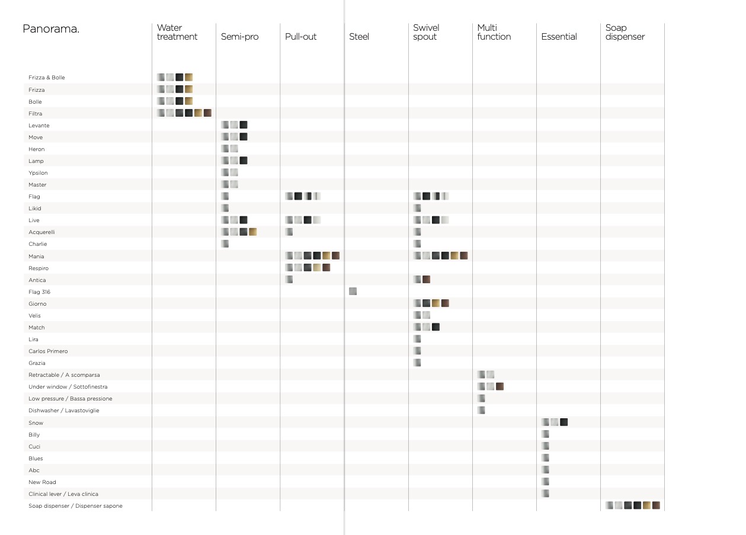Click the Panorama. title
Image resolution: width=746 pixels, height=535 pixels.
pyautogui.click(x=51, y=29)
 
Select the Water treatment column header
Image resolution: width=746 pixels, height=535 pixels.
pyautogui.click(x=177, y=32)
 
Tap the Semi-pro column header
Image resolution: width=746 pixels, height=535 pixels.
pyautogui.click(x=239, y=37)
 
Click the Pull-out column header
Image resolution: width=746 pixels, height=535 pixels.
pyautogui.click(x=300, y=37)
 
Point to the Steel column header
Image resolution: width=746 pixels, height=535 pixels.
pyautogui.click(x=359, y=37)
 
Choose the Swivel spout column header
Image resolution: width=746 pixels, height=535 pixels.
pyautogui.click(x=426, y=32)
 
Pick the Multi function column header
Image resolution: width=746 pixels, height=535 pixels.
pyautogui.click(x=494, y=32)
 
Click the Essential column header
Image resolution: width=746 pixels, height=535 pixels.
pyautogui.click(x=559, y=37)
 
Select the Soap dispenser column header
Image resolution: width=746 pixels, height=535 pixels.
pyautogui.click(x=625, y=32)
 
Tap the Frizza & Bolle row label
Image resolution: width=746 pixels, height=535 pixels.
pyautogui.click(x=47, y=78)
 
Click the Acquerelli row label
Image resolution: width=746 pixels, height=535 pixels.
pyautogui.click(x=41, y=232)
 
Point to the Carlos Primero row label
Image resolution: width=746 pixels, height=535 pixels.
pyautogui.click(x=48, y=351)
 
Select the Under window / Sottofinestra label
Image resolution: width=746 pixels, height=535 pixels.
pyautogui.click(x=68, y=387)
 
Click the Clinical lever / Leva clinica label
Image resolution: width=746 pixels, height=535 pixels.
pyautogui.click(x=63, y=494)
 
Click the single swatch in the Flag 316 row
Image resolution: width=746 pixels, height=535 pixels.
pyautogui.click(x=353, y=291)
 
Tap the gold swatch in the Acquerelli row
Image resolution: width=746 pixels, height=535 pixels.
pyautogui.click(x=253, y=232)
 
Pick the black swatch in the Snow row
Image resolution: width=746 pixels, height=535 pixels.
pyautogui.click(x=564, y=422)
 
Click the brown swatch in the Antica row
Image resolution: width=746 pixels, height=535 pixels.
pyautogui.click(x=427, y=280)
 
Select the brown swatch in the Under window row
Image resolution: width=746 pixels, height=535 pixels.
pyautogui.click(x=500, y=386)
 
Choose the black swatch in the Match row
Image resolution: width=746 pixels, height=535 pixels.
pyautogui.click(x=436, y=327)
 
